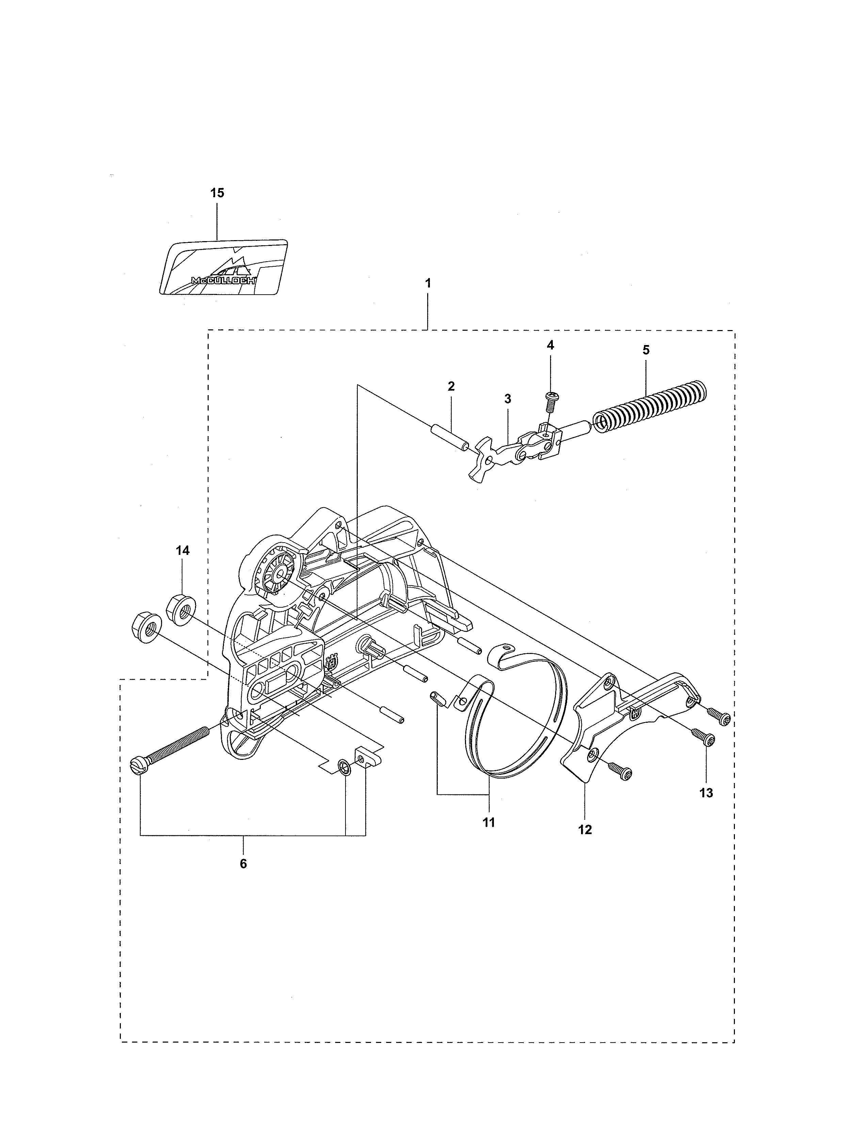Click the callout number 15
(217, 193)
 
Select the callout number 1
(428, 283)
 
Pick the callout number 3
(508, 399)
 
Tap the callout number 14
(182, 551)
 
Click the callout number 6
(243, 863)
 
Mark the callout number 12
(585, 830)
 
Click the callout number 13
(707, 793)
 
